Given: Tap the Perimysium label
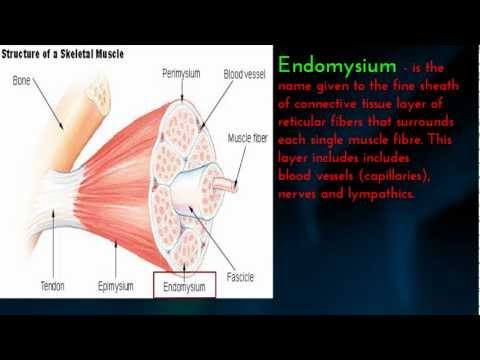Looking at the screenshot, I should [x=182, y=74].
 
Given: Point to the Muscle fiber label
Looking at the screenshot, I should [x=250, y=139].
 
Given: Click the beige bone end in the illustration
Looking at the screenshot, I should [x=98, y=91].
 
